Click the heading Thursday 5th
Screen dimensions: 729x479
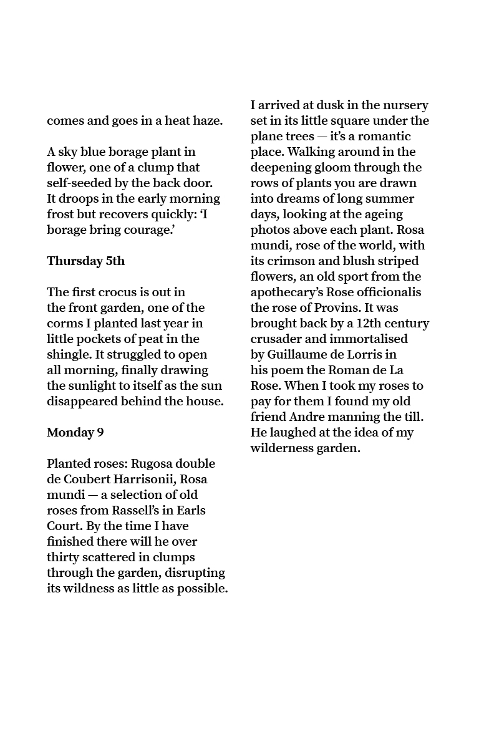coord(85,261)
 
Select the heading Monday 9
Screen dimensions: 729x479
coord(75,433)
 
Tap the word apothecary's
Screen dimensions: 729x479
coord(294,292)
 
